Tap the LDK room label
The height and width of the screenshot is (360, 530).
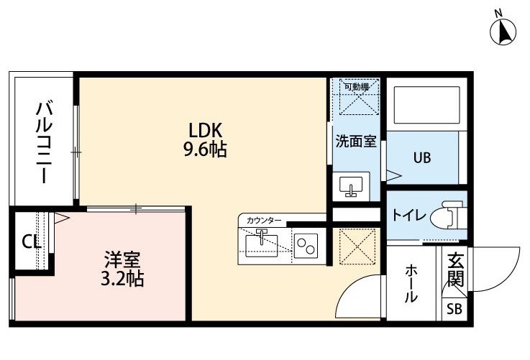(x=205, y=130)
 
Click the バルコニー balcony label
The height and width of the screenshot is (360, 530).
(x=45, y=142)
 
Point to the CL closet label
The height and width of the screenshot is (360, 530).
(x=31, y=242)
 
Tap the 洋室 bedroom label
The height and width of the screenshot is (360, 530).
(x=122, y=259)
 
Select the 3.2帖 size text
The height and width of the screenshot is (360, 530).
(x=122, y=279)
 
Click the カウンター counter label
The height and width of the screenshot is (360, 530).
(x=264, y=221)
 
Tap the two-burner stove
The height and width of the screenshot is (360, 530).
(x=306, y=246)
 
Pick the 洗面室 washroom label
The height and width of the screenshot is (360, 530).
(x=356, y=141)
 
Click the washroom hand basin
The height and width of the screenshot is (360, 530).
(x=351, y=186)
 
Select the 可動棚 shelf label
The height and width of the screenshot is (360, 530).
(x=356, y=86)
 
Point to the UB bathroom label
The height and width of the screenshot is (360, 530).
(x=422, y=157)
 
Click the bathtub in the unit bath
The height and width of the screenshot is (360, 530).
(x=427, y=105)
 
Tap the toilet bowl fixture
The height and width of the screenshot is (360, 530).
(x=446, y=215)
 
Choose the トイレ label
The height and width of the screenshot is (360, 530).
(x=409, y=215)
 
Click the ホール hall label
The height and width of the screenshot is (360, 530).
(x=411, y=284)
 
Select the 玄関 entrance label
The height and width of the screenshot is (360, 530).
(x=455, y=269)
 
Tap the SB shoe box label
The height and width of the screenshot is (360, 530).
(x=454, y=309)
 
